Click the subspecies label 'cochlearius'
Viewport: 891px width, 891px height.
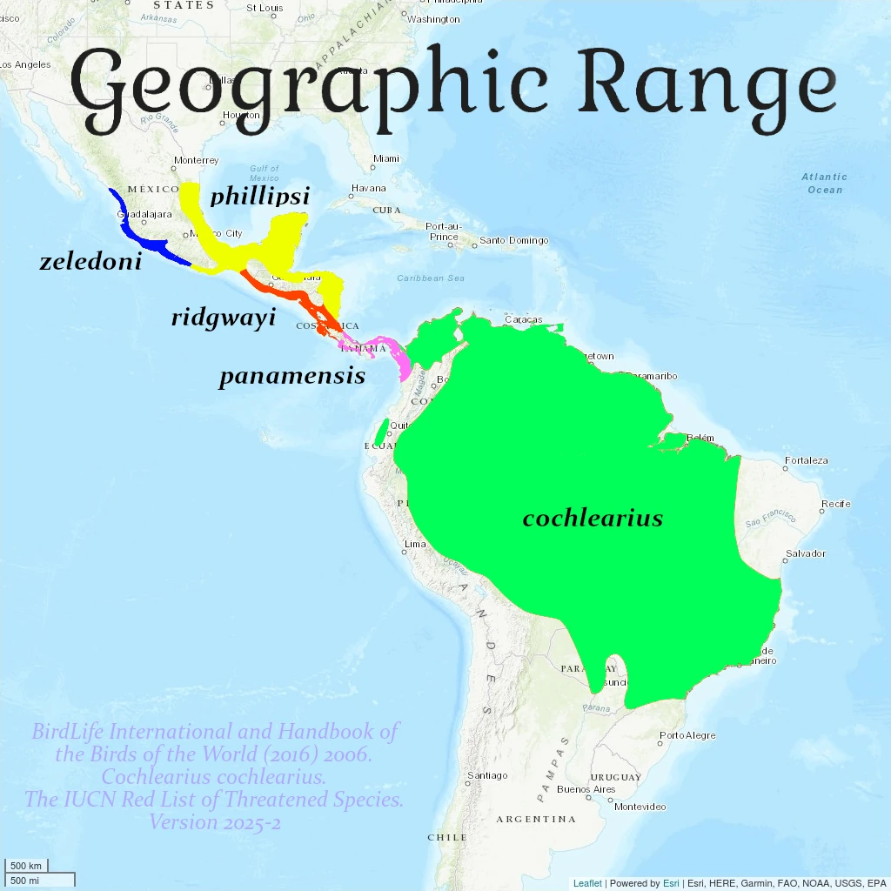pos(593,519)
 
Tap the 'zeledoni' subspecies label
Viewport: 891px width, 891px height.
pos(90,261)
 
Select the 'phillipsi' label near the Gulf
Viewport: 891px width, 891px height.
pos(259,196)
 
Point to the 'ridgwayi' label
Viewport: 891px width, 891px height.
pos(224,318)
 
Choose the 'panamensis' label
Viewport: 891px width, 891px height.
pos(291,376)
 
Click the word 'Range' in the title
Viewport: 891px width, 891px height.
pos(707,84)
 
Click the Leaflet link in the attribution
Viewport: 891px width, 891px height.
pos(587,883)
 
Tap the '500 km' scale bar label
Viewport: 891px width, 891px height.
pos(26,866)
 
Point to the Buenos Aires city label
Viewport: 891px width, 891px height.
pos(586,790)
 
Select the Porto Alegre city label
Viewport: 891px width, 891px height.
pos(687,735)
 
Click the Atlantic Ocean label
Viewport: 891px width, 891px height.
pos(824,183)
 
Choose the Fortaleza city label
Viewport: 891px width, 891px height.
pos(806,460)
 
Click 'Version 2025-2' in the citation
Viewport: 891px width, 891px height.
pos(214,821)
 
